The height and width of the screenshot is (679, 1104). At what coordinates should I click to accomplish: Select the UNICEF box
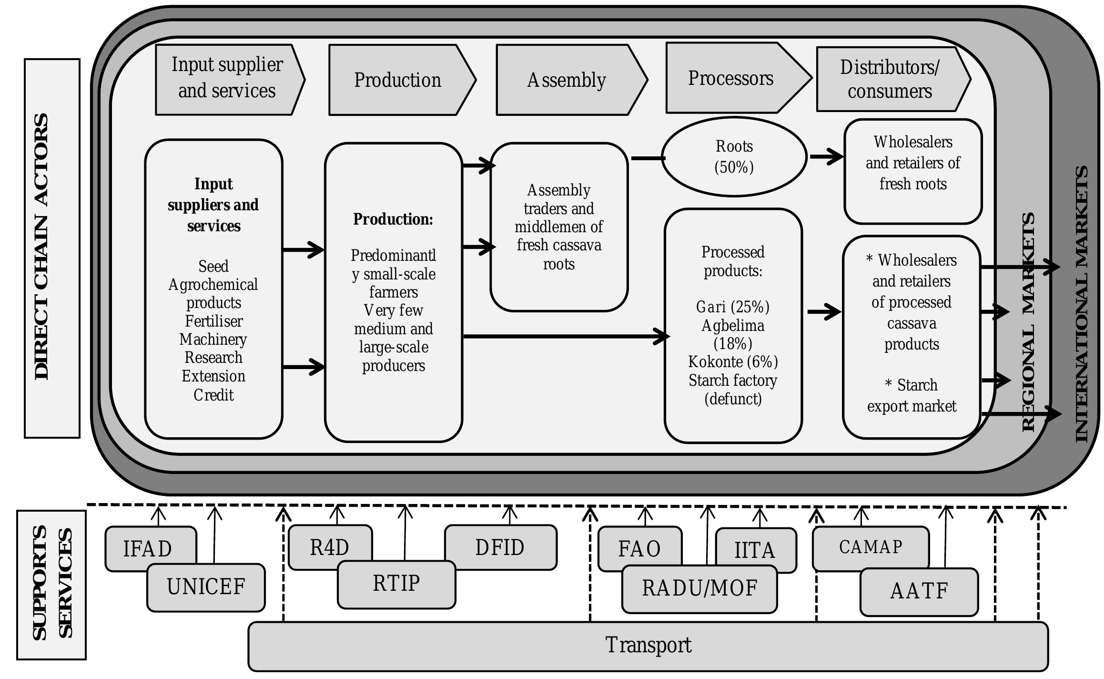click(x=206, y=587)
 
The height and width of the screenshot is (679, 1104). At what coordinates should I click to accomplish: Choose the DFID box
click(x=500, y=547)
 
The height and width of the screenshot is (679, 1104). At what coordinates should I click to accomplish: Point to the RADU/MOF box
click(x=699, y=588)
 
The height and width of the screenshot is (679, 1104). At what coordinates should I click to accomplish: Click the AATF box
click(x=919, y=591)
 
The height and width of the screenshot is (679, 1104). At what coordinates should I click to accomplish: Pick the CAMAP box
click(x=870, y=547)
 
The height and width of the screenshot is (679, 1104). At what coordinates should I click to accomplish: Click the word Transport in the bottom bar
click(x=648, y=645)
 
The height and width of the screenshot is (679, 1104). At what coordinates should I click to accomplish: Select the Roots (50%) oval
click(x=734, y=156)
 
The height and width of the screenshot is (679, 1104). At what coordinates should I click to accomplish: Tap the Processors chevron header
click(x=730, y=78)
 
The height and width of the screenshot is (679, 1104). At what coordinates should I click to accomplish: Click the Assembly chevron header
click(x=566, y=80)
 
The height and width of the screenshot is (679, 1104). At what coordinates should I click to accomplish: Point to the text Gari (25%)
click(x=733, y=307)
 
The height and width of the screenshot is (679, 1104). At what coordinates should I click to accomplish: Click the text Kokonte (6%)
click(x=733, y=362)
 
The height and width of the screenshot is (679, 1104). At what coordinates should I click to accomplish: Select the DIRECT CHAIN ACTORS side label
click(x=42, y=247)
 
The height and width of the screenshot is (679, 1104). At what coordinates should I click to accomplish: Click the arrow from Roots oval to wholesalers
click(x=826, y=156)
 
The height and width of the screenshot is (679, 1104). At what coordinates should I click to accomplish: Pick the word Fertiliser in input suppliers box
click(x=213, y=321)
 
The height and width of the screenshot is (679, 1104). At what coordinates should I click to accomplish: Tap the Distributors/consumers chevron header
click(x=889, y=79)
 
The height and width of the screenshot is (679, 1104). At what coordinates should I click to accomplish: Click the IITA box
click(x=755, y=549)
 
